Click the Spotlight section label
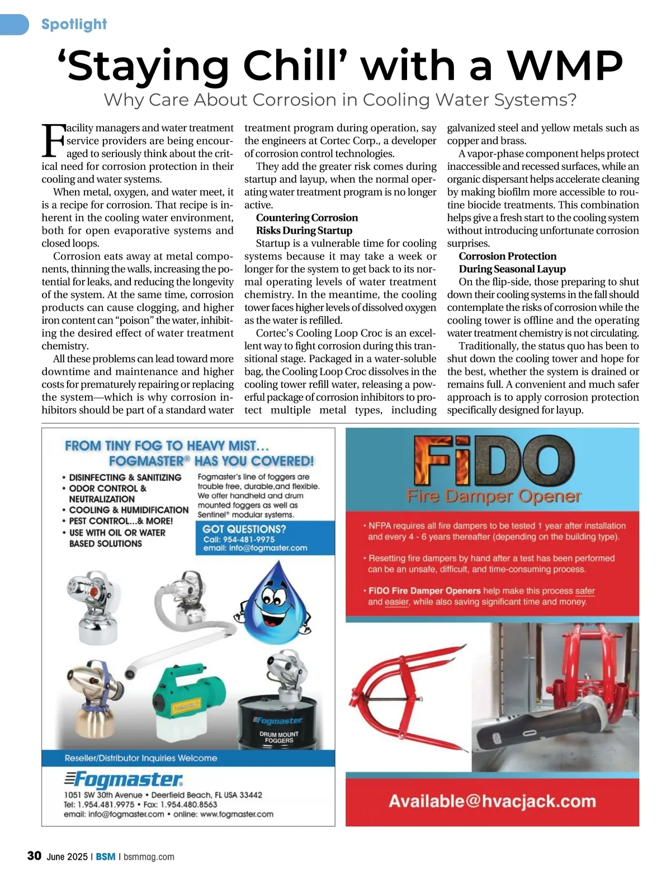point(74,25)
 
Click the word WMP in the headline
point(565,66)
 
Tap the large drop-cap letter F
point(53,141)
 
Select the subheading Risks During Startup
point(304,230)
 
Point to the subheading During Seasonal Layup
point(512,269)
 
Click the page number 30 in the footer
point(34,856)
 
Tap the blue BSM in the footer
point(106,856)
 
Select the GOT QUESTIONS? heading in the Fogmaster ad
point(244,529)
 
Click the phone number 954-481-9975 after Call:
point(247,539)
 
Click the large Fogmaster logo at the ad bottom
point(124,779)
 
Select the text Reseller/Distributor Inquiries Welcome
point(141,758)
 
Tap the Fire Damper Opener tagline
point(494,496)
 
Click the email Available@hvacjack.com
point(492,801)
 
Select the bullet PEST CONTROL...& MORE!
point(121,521)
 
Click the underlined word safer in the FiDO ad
point(585,591)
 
